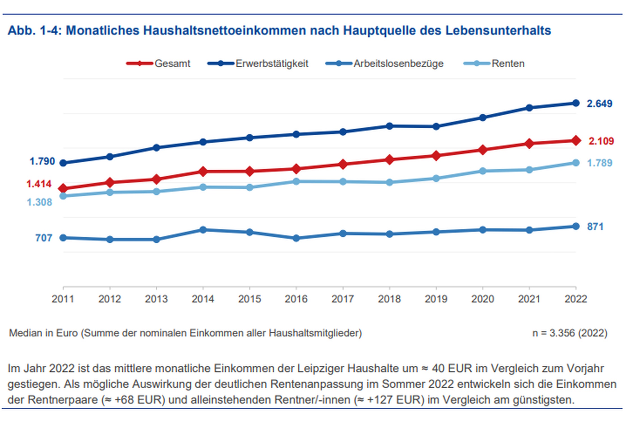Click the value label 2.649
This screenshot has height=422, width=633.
pos(599,104)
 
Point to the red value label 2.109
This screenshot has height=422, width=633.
pos(601,141)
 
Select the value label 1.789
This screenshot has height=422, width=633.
pos(599,163)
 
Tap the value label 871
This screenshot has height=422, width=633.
pos(595,227)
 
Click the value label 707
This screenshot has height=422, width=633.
pos(44,238)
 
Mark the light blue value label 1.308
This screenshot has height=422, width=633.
pos(39,202)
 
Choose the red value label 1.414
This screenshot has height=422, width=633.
pos(39,184)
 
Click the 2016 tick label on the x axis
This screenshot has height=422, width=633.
pos(296,299)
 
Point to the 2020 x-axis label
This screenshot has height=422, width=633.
pos(482,299)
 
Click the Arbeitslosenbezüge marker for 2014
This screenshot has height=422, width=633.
pos(203,230)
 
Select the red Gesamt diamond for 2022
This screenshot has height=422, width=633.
pos(576,140)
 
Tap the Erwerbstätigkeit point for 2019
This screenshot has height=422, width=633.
pos(436,127)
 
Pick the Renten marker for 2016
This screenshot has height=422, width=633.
pos(296,181)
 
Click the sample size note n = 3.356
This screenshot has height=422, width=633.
pos(569,333)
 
